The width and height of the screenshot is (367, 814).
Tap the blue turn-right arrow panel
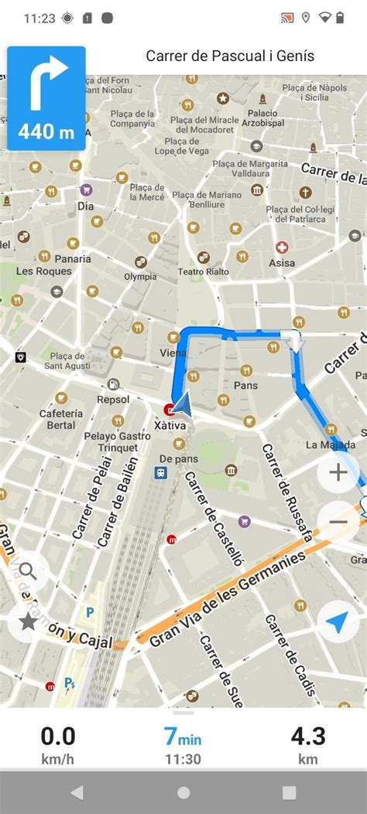point(46,98)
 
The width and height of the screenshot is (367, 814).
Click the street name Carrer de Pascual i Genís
point(230,56)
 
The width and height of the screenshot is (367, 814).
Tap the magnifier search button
point(28,571)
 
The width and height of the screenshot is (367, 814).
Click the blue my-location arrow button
point(338,622)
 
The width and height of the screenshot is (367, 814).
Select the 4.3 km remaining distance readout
point(307,744)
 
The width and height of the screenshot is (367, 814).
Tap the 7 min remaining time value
point(183,735)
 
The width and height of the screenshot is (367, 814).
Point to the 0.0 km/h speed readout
point(57,744)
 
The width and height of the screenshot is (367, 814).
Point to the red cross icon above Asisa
point(283,248)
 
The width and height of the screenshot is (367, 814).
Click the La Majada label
point(331,444)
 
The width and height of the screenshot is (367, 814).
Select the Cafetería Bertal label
point(61,419)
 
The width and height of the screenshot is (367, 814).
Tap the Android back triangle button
point(76,792)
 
